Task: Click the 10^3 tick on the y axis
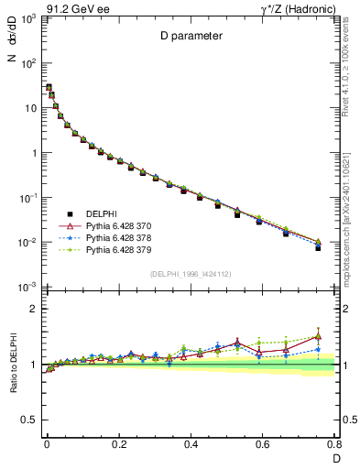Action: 29,19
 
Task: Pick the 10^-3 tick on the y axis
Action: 27,288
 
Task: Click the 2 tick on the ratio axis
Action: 33,310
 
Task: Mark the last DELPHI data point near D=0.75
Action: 318,248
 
